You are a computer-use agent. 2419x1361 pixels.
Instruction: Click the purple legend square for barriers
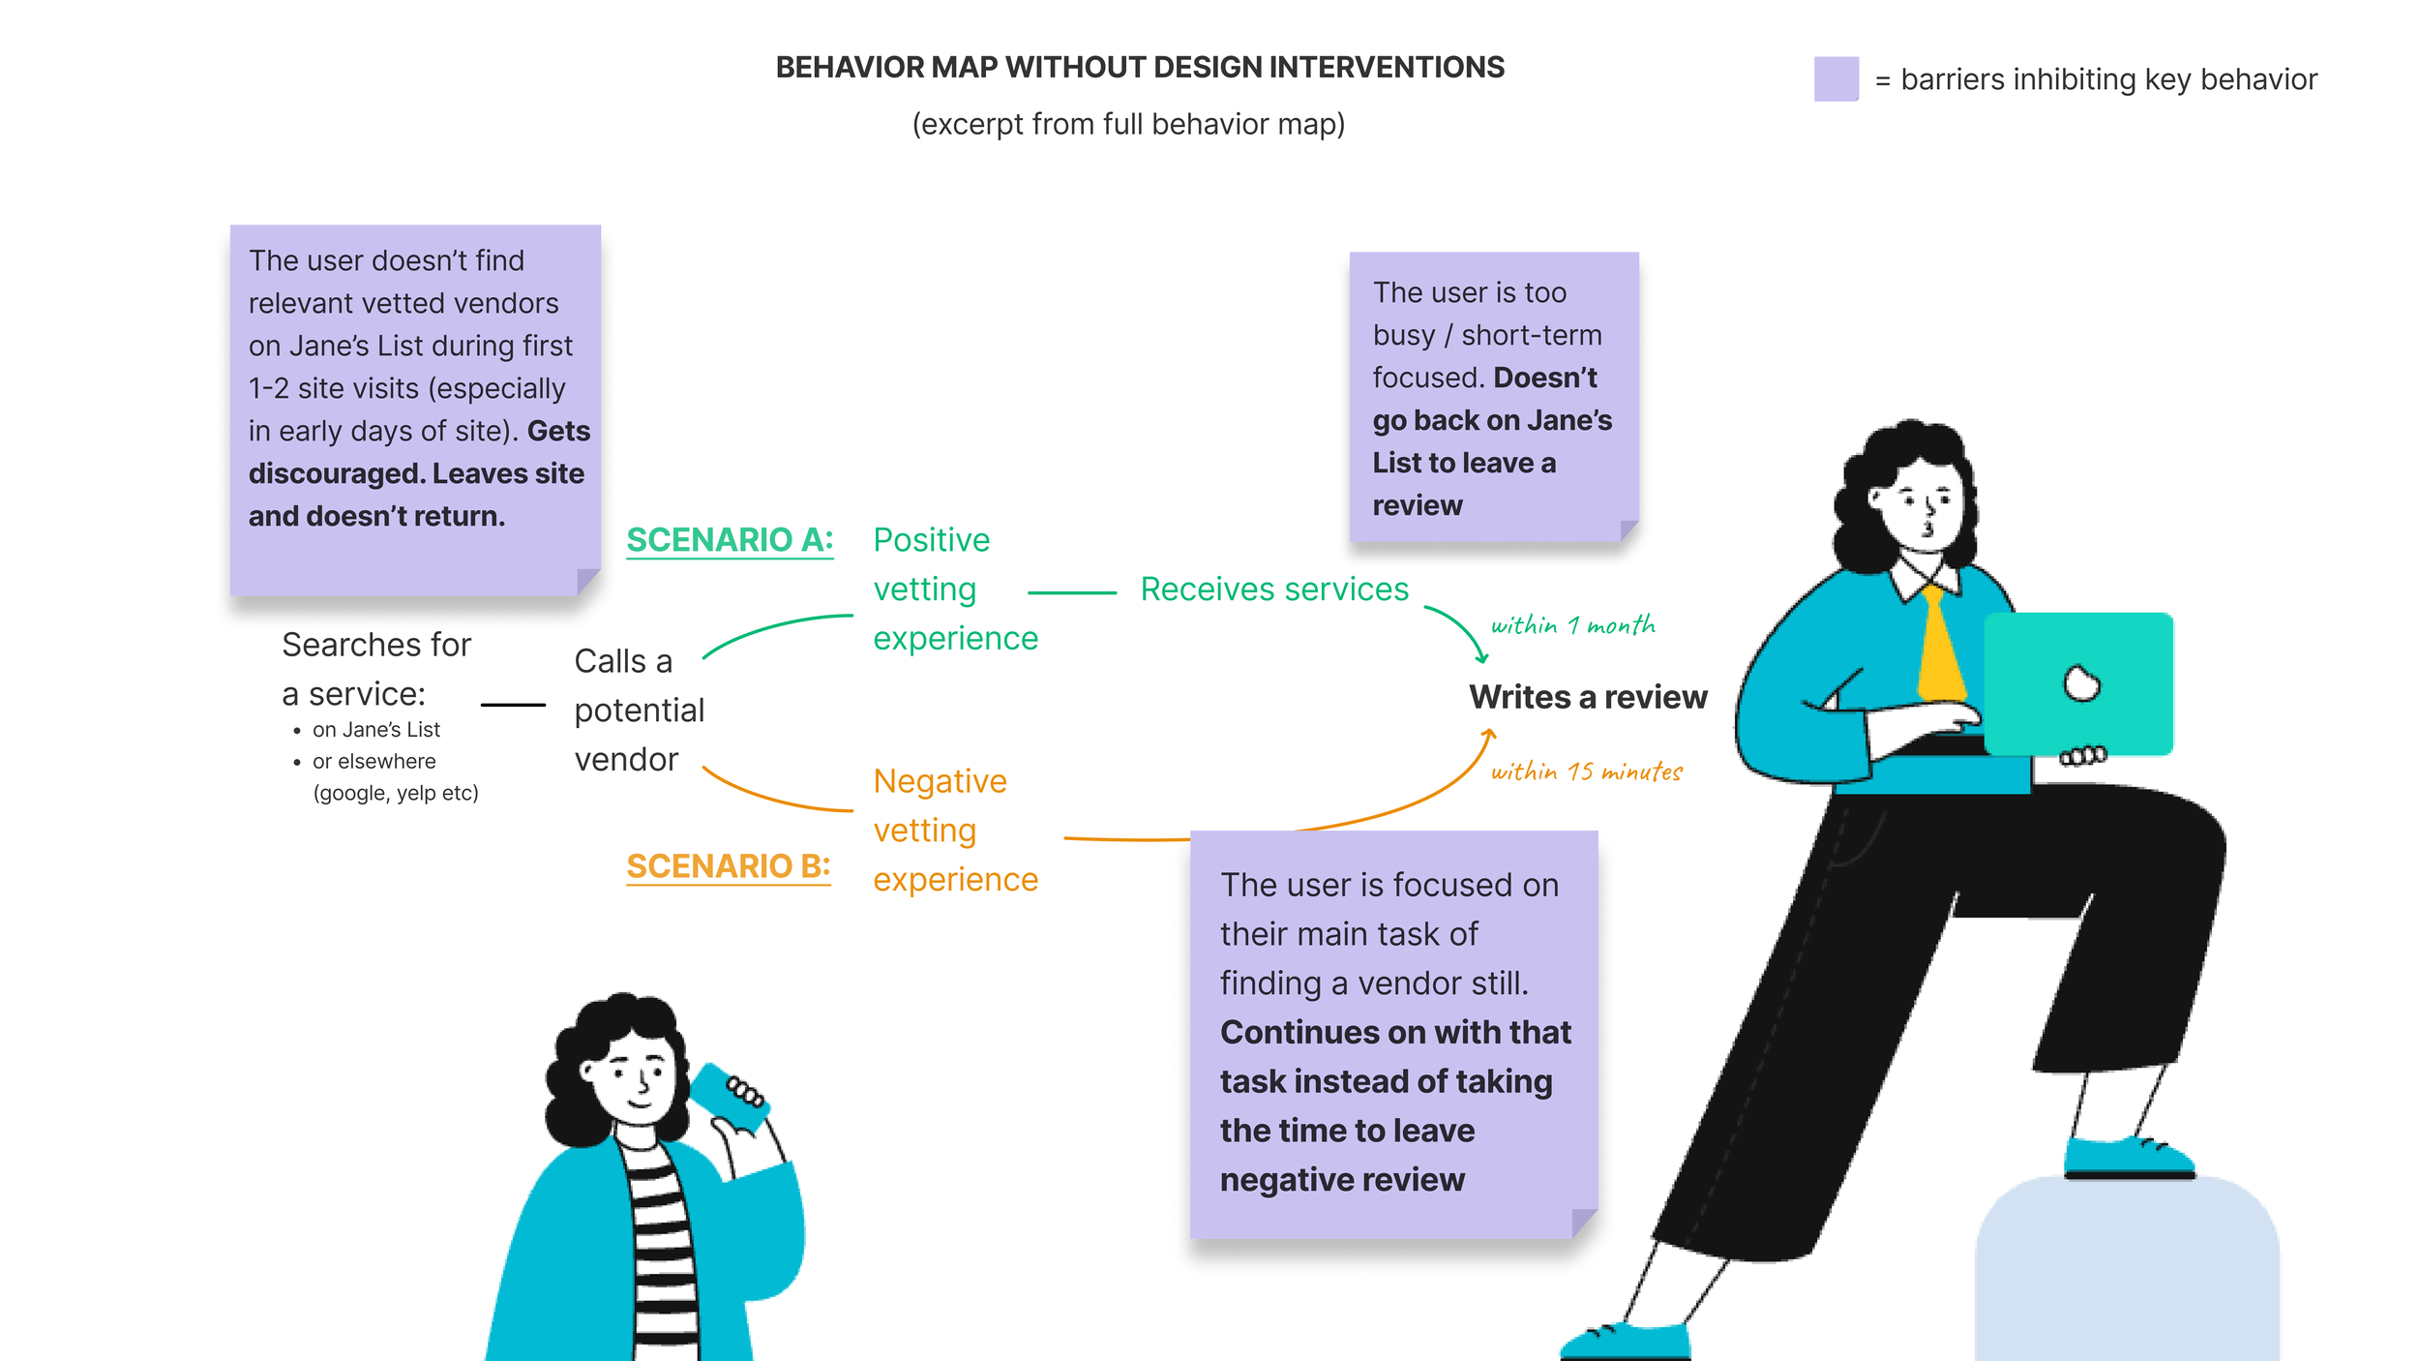1836,78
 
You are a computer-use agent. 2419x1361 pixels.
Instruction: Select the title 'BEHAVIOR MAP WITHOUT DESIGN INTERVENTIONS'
1140,68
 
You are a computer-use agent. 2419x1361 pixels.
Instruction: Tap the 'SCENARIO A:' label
730,540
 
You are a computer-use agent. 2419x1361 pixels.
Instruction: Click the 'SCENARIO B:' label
728,866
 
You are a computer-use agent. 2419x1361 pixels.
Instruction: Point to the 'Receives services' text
1274,590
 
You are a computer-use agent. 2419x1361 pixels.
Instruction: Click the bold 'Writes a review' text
1588,697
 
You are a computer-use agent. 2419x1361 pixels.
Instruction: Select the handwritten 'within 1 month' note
1572,625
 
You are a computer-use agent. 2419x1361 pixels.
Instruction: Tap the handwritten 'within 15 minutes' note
1586,771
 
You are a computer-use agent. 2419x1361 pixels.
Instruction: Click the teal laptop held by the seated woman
2077,683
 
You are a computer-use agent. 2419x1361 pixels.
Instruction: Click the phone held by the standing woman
730,1096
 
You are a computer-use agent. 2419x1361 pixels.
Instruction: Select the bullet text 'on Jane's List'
375,730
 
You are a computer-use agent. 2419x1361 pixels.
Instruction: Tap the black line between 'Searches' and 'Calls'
513,705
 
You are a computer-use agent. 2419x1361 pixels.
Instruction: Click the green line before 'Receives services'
1071,592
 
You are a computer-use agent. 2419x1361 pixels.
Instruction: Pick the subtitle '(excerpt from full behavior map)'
1128,125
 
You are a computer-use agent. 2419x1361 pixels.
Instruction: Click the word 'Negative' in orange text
940,781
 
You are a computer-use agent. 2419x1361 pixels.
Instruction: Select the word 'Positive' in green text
931,540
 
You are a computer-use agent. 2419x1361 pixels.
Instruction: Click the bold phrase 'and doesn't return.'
376,517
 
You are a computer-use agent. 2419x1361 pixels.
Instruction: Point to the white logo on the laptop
2081,684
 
